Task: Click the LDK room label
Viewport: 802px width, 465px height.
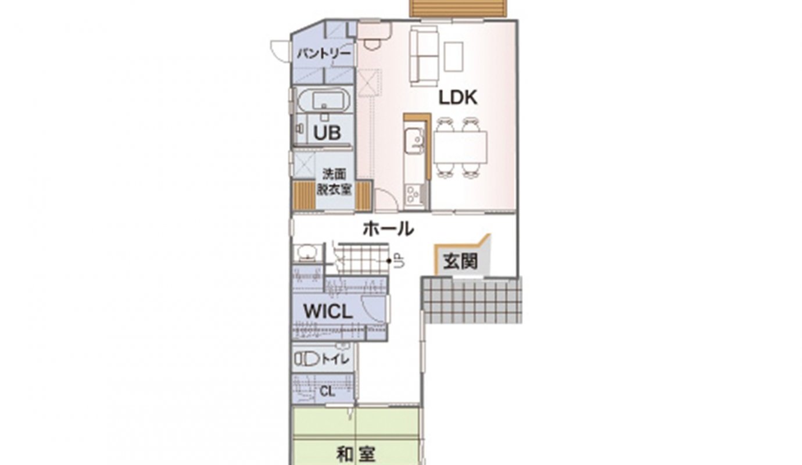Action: coord(458,98)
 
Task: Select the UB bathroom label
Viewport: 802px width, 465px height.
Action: coord(327,133)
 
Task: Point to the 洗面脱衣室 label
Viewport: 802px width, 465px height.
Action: coord(334,181)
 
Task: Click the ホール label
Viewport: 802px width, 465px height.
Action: coord(388,228)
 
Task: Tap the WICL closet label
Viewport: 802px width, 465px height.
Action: coord(328,312)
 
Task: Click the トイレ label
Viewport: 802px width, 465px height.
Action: coord(335,359)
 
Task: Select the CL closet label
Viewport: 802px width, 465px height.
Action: coord(327,392)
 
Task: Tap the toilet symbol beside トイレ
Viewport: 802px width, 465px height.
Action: coord(306,359)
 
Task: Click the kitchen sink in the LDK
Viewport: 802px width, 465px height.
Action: coord(414,140)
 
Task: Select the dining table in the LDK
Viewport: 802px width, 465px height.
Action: coord(460,148)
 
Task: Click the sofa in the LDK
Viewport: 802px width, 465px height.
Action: coord(424,55)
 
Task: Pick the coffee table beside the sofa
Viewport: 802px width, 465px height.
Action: coord(454,56)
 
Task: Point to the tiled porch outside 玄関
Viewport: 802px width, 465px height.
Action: coord(471,300)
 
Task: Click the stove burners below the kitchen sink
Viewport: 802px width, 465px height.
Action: coord(412,195)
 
